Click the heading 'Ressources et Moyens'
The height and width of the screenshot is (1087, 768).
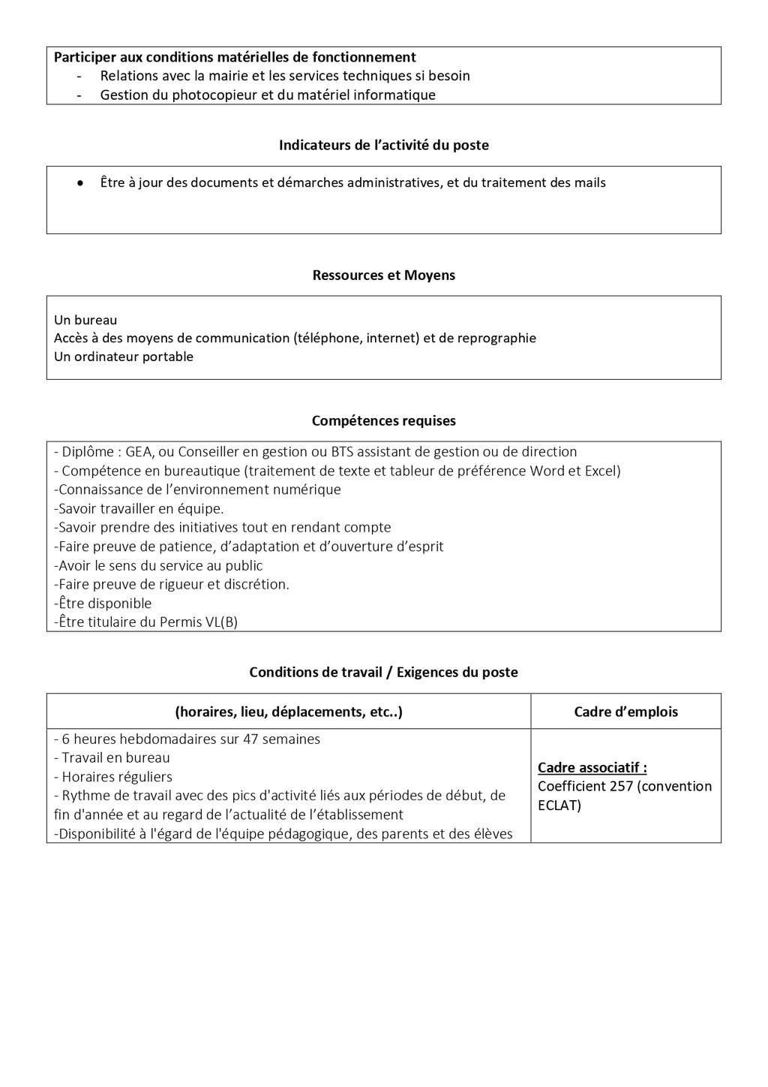click(x=383, y=276)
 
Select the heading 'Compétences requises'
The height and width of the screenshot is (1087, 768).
click(x=383, y=421)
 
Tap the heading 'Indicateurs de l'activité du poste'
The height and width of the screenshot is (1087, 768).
click(x=383, y=146)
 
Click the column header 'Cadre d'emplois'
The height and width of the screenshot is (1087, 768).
click(x=625, y=712)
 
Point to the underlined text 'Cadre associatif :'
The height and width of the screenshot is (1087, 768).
click(x=592, y=768)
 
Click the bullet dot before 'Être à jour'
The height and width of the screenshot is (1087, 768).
click(x=79, y=183)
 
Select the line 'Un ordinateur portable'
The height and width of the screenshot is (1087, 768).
click(x=124, y=357)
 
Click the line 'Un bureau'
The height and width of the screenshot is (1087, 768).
click(x=85, y=320)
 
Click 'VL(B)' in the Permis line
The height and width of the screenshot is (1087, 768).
click(x=221, y=622)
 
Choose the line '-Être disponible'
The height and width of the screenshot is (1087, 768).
click(x=103, y=604)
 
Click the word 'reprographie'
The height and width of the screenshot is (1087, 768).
click(x=498, y=339)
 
